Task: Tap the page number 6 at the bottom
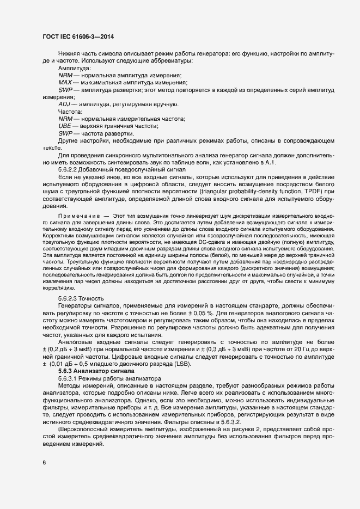44,463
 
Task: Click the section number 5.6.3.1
70,377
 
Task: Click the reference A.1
270,162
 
